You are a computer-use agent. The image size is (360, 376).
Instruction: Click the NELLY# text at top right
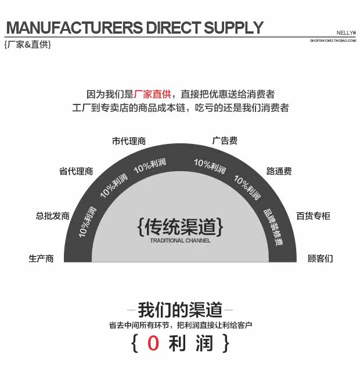(346, 33)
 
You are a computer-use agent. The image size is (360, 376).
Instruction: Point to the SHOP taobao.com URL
(333, 41)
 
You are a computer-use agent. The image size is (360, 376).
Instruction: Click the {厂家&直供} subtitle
(27, 44)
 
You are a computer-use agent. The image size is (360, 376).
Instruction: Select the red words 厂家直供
(153, 94)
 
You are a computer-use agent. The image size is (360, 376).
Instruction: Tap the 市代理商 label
(128, 141)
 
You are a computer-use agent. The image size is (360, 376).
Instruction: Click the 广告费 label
(225, 141)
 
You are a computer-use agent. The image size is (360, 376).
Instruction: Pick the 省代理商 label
(76, 171)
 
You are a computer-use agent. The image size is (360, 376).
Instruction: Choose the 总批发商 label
(52, 216)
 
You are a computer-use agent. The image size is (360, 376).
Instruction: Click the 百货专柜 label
(313, 216)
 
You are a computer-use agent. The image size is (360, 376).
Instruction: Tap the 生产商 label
(41, 258)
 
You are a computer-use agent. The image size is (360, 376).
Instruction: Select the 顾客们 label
(321, 258)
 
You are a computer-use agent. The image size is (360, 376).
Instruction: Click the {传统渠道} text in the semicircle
(180, 226)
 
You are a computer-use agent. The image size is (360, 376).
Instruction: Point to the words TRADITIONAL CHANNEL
(180, 240)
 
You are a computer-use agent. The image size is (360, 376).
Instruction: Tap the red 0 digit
(153, 344)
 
